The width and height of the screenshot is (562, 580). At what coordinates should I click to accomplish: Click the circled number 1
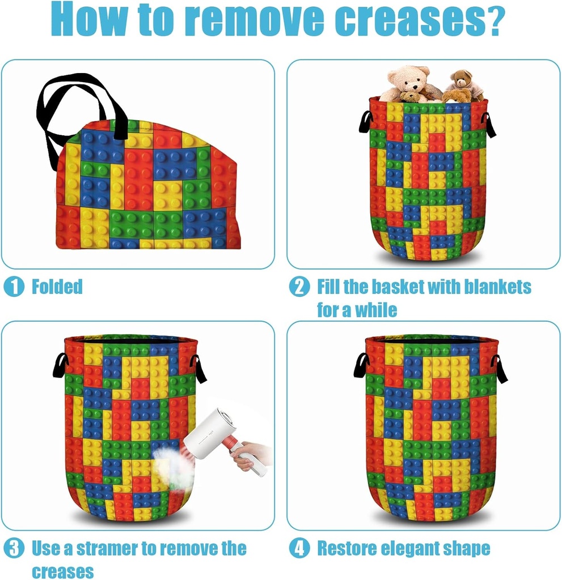click(x=14, y=287)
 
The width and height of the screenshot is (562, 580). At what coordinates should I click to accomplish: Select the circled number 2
click(x=299, y=287)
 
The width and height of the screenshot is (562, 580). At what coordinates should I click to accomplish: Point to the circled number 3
click(x=14, y=548)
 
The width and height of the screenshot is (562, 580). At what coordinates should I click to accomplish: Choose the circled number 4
click(x=299, y=548)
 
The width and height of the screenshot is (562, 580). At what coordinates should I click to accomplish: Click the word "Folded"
click(x=57, y=287)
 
